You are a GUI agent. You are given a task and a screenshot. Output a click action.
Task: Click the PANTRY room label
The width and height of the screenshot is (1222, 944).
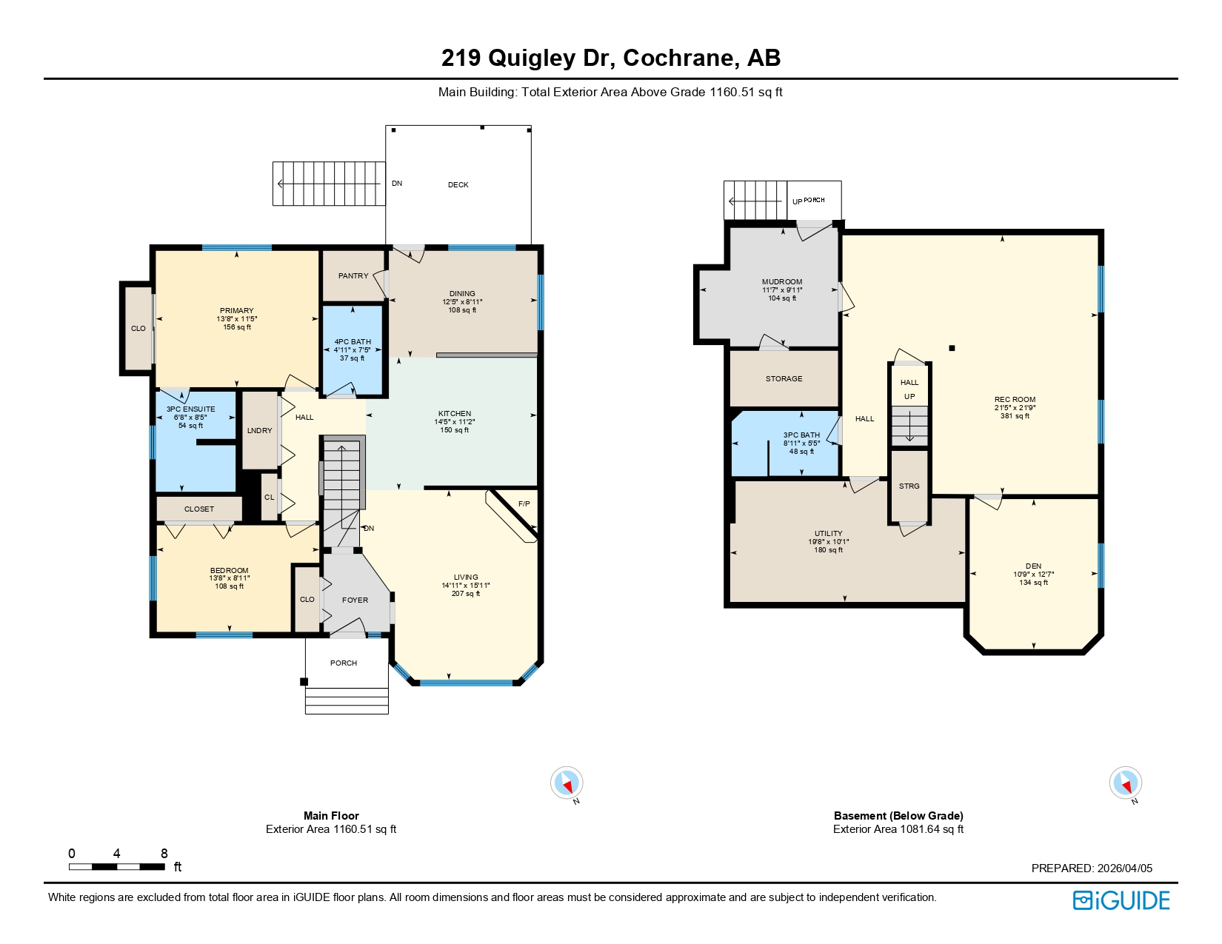353,275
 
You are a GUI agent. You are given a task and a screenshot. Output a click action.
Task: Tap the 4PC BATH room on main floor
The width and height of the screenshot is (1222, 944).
353,349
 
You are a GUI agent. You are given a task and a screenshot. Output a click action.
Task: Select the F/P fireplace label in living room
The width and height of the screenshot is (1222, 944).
524,504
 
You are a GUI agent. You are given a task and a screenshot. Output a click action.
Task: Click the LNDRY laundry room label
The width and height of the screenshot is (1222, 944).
259,430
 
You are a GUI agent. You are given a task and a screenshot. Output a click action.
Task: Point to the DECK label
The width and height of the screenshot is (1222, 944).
458,185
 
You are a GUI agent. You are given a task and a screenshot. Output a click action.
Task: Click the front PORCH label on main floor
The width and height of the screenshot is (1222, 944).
344,663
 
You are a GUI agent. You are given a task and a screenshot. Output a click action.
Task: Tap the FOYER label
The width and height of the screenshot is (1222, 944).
355,600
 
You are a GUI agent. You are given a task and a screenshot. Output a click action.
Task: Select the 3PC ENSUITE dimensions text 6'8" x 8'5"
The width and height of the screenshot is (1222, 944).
191,418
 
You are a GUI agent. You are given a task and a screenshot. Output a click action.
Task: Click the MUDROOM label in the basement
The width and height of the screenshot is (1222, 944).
782,282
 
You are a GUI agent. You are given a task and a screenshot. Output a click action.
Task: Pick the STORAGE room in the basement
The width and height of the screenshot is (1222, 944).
784,379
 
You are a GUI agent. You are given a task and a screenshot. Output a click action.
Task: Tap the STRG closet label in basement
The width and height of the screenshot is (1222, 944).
909,486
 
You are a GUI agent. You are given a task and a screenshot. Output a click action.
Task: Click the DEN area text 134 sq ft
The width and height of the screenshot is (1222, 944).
1033,583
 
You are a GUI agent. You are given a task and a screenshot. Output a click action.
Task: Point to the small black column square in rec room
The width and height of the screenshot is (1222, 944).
952,348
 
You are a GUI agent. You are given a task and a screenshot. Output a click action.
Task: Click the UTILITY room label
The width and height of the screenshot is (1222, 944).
828,534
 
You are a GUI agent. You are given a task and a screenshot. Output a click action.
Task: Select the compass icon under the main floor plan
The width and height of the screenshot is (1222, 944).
567,783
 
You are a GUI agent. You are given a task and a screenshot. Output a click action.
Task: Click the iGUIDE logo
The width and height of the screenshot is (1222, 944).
1121,900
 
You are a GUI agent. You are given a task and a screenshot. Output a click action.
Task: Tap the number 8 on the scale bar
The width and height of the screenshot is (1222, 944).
164,854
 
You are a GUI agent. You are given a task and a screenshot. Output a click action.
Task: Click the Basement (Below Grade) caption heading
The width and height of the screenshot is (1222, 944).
898,816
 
